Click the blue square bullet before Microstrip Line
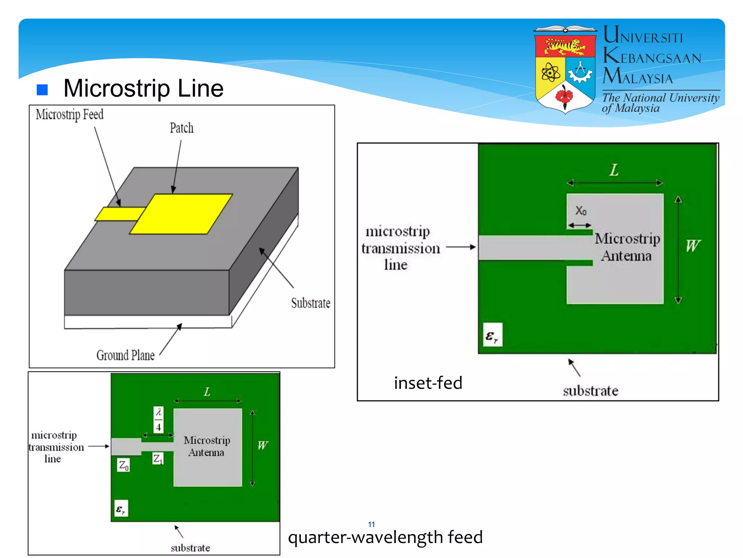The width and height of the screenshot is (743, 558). [42, 89]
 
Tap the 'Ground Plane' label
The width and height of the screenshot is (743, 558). [126, 355]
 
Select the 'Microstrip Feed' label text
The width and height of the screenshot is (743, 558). [70, 114]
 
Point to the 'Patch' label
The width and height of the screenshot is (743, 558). [182, 128]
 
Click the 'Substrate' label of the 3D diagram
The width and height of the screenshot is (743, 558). [311, 303]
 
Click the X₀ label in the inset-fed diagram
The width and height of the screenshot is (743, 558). [581, 211]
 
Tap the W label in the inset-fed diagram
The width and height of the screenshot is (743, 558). [693, 246]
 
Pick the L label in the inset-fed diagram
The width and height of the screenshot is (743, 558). [614, 170]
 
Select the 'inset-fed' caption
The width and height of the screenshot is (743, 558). [428, 383]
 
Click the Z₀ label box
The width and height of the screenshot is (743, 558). [123, 465]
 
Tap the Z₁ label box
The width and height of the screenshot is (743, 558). [158, 459]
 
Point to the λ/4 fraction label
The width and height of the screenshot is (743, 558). [159, 419]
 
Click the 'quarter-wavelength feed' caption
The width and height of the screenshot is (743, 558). [385, 537]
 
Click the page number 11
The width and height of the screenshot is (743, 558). [371, 524]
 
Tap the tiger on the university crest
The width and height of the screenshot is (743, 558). [565, 46]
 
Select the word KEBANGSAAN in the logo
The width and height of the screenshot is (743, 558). [652, 57]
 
